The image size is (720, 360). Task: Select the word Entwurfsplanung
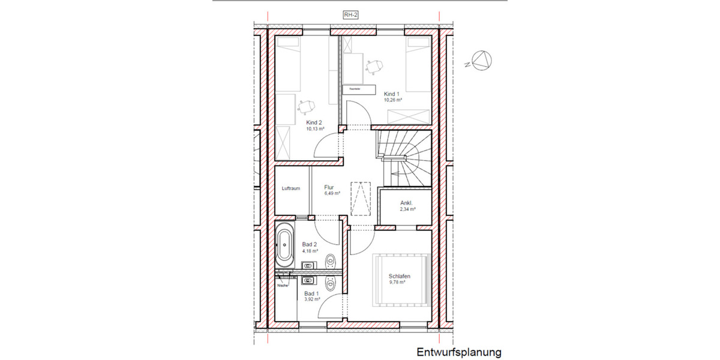click(x=458, y=352)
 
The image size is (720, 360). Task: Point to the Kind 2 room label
click(x=314, y=122)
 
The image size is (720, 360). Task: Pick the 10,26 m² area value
click(x=392, y=100)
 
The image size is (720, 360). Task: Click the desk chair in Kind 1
click(x=374, y=65)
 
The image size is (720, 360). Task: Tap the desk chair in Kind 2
click(x=307, y=107)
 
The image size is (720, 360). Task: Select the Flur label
click(x=329, y=187)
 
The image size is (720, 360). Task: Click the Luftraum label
click(x=290, y=188)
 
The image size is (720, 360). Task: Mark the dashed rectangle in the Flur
click(x=361, y=198)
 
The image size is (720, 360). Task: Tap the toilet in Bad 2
click(x=331, y=262)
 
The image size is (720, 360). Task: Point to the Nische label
click(x=283, y=286)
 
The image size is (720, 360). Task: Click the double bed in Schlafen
click(x=400, y=278)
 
